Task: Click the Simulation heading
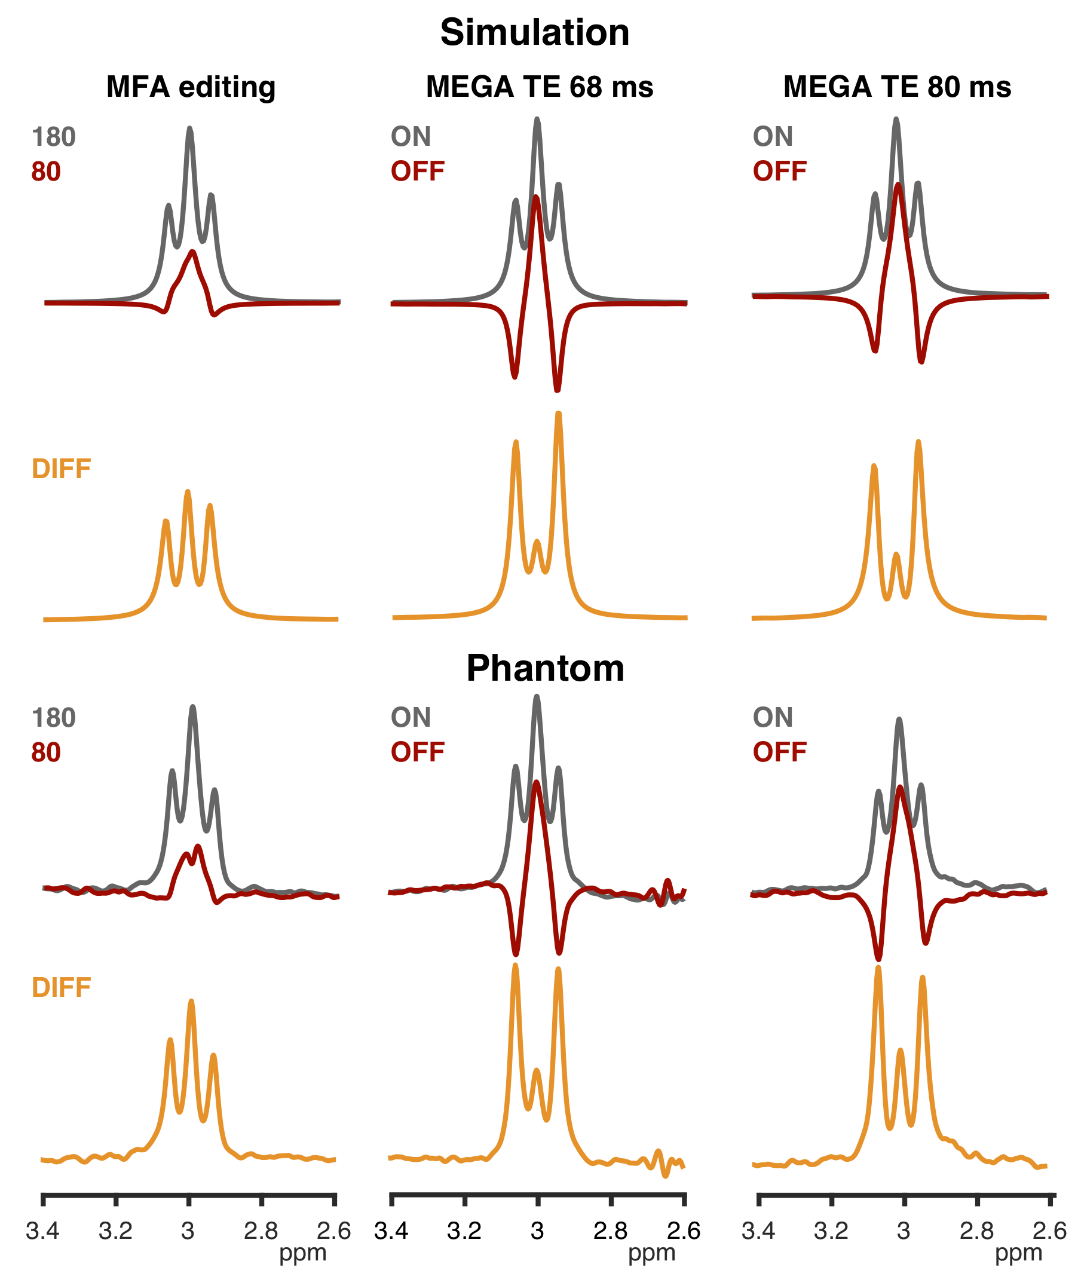pos(535,32)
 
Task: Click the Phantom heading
pos(545,668)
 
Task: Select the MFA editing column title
pos(191,87)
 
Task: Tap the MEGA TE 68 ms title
pos(540,87)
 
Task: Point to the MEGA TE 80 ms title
pos(897,87)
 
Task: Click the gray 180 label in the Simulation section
pos(54,137)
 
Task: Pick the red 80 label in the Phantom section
pos(46,752)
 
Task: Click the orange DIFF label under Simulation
pos(61,469)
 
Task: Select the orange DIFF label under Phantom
pos(61,987)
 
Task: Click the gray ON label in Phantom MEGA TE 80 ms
pos(773,718)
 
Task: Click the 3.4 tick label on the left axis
pos(43,1231)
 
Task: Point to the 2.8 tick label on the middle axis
pos(610,1231)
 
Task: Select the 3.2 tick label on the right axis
pos(831,1231)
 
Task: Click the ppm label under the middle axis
pos(651,1252)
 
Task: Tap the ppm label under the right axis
pos(1018,1252)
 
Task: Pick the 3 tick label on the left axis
pos(188,1231)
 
